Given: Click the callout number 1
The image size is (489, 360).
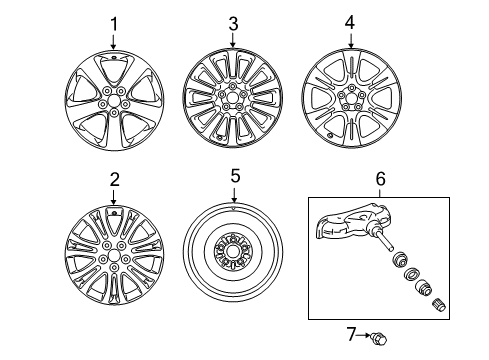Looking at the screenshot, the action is pyautogui.click(x=114, y=24).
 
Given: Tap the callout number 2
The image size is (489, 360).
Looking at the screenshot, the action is pyautogui.click(x=115, y=180).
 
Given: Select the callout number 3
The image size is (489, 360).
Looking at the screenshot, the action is pyautogui.click(x=233, y=24).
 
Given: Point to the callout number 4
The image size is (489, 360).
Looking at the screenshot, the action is pyautogui.click(x=350, y=23).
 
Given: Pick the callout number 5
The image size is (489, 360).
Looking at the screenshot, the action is pyautogui.click(x=235, y=176).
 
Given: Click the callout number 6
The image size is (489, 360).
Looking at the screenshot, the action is pyautogui.click(x=380, y=179).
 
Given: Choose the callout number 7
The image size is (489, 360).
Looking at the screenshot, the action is pyautogui.click(x=351, y=334).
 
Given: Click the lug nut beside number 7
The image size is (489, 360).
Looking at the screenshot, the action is pyautogui.click(x=379, y=339).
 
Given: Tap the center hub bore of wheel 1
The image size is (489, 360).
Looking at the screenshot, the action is pyautogui.click(x=114, y=100).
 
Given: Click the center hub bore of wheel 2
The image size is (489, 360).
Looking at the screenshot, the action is pyautogui.click(x=114, y=255).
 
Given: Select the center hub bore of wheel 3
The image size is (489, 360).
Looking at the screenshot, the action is pyautogui.click(x=232, y=97).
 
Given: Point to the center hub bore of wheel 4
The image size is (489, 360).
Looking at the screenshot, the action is pyautogui.click(x=351, y=98).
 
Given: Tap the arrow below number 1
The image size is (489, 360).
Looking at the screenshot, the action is pyautogui.click(x=114, y=42).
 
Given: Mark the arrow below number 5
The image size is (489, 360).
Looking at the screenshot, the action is pyautogui.click(x=234, y=195).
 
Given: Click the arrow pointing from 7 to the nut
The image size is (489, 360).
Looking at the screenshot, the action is pyautogui.click(x=364, y=335).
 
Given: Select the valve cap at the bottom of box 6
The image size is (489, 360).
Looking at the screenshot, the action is pyautogui.click(x=439, y=305).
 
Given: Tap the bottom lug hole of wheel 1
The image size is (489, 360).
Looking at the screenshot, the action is pyautogui.click(x=114, y=113).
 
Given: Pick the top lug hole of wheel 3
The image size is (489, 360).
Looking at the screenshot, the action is pyautogui.click(x=232, y=86).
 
